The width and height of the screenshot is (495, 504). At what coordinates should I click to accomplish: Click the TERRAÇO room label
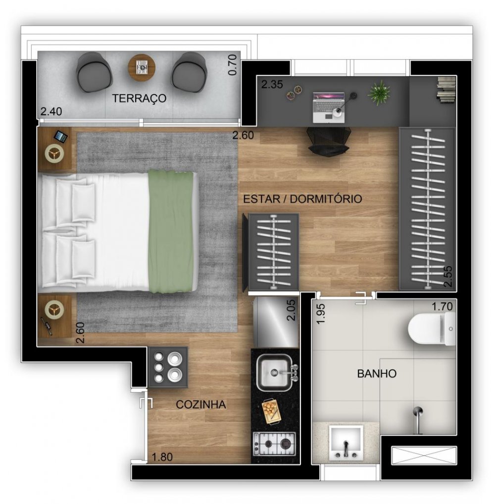point(139,98)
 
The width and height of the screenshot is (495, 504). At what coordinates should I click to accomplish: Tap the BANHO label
point(377,373)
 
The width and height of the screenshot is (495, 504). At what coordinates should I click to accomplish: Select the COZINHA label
point(200,405)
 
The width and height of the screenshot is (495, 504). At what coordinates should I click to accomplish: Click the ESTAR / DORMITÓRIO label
point(302,199)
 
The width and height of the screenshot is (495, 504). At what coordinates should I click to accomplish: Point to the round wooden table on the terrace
point(142,68)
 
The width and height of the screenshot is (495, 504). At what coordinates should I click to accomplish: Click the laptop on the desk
point(329,107)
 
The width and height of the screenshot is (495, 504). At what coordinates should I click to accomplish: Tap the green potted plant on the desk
point(379,92)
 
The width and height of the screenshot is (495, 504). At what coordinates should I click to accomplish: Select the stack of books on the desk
point(446,90)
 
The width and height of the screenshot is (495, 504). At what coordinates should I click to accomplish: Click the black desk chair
point(328,140)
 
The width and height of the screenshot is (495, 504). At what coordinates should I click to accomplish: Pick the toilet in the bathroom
point(432,328)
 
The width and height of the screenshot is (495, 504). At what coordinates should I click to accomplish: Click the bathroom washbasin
point(346,442)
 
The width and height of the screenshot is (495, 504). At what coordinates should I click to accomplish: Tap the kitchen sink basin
point(274,372)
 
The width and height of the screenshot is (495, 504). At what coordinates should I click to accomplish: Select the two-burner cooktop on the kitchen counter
point(274,444)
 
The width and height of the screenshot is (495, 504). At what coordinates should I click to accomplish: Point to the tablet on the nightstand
point(61,137)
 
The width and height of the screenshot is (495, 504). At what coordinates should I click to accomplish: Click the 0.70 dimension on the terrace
point(232,65)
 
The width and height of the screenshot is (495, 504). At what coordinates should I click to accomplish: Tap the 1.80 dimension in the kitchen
point(162,457)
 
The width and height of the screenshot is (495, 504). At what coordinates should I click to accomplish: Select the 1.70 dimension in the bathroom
point(442,306)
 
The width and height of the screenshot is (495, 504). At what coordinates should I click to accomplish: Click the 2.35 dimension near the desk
point(272,84)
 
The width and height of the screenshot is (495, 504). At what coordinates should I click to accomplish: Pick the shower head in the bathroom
point(418,419)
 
